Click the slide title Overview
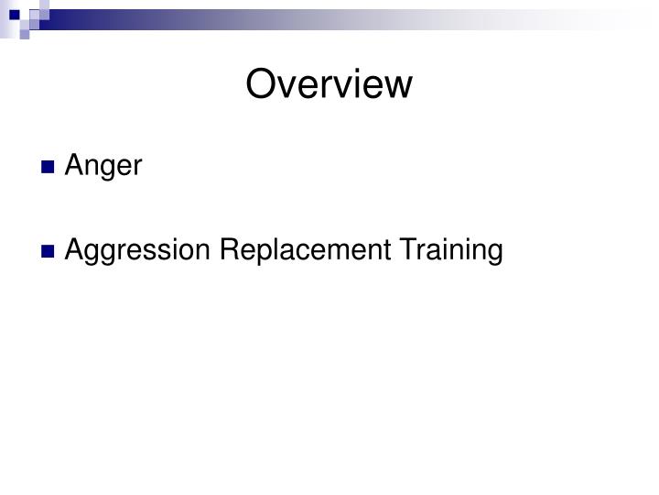pyautogui.click(x=329, y=84)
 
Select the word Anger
pyautogui.click(x=103, y=167)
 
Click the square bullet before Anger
pyautogui.click(x=49, y=168)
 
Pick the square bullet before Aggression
pyautogui.click(x=49, y=250)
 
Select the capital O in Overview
pyautogui.click(x=261, y=84)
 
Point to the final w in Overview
pyautogui.click(x=399, y=84)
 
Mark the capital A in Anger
pyautogui.click(x=74, y=167)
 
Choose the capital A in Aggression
pyautogui.click(x=74, y=249)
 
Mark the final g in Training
pyautogui.click(x=495, y=253)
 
